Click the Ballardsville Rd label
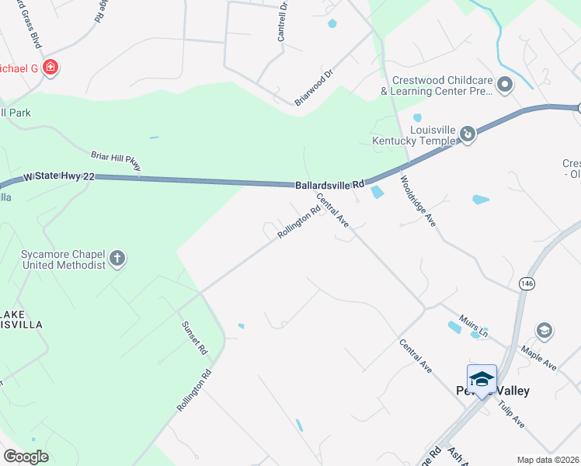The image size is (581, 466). pos(329,186)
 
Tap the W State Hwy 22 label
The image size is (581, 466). pos(59,177)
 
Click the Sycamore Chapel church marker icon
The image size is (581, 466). pos(117,259)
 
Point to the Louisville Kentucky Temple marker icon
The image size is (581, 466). pos(468,134)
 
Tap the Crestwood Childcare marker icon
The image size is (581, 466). pos(505,84)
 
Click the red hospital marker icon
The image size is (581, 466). pos(50,68)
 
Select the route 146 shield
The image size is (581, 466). pos(528,284)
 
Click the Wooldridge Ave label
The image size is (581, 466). pos(418,201)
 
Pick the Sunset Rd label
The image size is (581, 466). pos(194,338)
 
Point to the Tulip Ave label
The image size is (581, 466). pos(512,414)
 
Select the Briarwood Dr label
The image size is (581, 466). pos(314,88)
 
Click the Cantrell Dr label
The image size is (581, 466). pos(283,21)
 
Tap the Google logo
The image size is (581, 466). pos(26,457)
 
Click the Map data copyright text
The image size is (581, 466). pos(547,460)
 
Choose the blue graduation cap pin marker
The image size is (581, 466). pos(482,380)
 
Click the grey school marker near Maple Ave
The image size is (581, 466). pos(544,331)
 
